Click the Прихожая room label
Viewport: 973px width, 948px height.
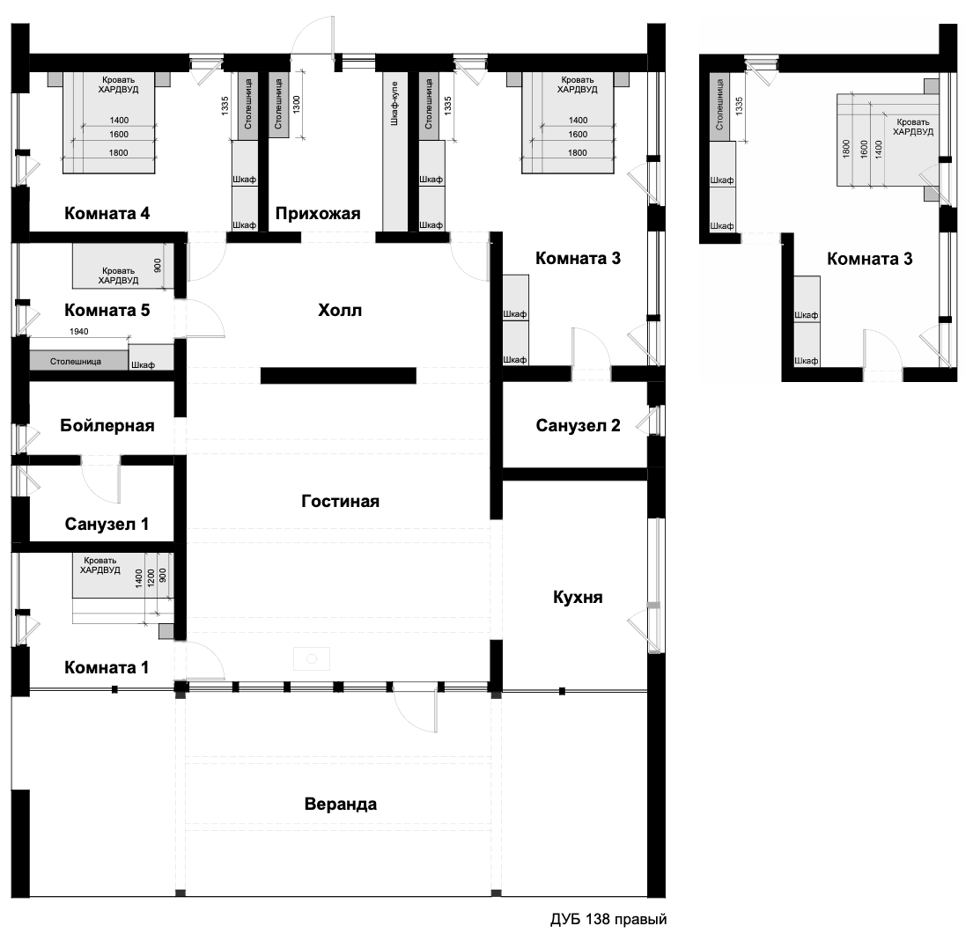tap(318, 214)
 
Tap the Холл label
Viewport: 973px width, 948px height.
tap(339, 310)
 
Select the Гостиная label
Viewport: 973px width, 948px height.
tap(340, 502)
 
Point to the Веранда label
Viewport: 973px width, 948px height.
tap(340, 804)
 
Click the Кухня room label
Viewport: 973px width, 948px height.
tap(578, 598)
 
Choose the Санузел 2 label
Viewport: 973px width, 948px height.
tap(578, 426)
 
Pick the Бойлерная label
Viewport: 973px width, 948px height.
tap(107, 426)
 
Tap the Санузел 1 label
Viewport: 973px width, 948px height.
tap(107, 525)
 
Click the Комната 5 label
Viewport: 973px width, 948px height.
tap(107, 310)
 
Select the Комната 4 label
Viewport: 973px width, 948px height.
tap(107, 214)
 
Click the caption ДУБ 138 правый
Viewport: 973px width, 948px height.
tap(608, 920)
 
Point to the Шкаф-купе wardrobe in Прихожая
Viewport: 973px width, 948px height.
tap(394, 152)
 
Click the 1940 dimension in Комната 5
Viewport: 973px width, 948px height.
tap(78, 332)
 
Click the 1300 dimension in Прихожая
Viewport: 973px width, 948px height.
tap(296, 104)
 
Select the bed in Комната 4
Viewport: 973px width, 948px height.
tap(108, 123)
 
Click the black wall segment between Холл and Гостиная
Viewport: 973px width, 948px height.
tap(338, 375)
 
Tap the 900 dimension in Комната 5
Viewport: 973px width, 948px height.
tap(157, 266)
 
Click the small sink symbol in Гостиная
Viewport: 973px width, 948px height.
tap(312, 659)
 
